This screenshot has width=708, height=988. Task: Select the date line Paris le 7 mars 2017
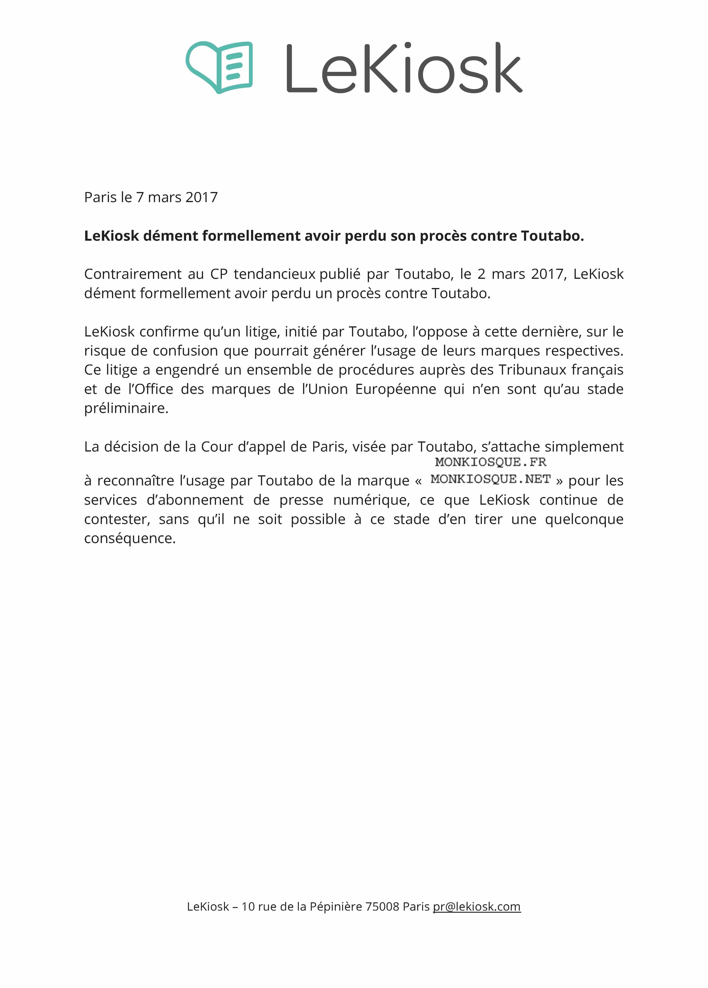(151, 197)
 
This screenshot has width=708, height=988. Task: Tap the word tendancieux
(275, 274)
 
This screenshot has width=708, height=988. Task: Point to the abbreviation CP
(219, 274)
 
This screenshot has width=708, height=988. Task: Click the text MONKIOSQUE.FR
(490, 462)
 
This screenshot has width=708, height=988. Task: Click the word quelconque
(584, 519)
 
